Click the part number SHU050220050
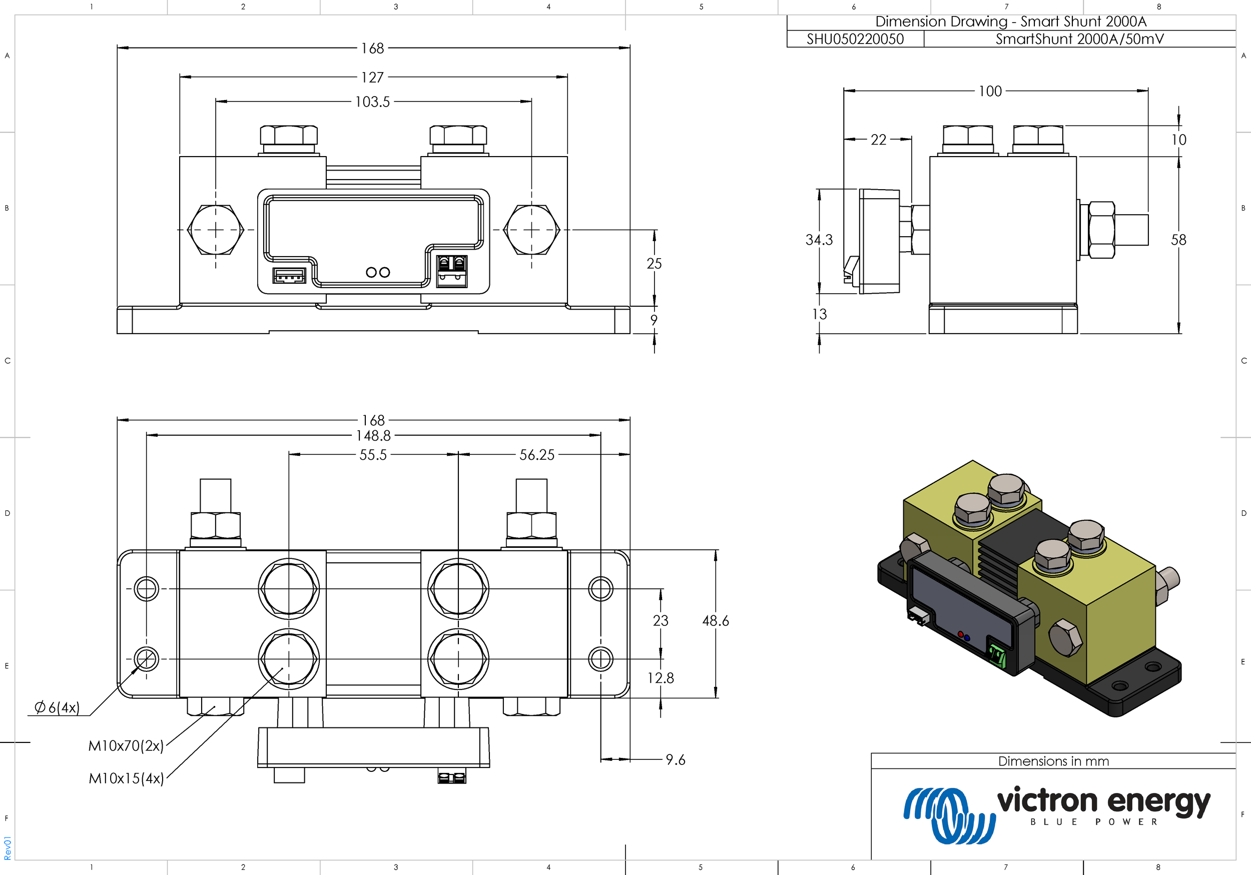855,39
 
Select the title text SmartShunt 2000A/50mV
1079,39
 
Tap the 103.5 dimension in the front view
373,102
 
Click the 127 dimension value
373,78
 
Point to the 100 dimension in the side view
990,91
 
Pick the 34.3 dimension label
819,240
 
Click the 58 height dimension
1178,240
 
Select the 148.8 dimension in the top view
374,436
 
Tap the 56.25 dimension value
537,455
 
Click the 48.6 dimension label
716,620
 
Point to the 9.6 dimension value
676,759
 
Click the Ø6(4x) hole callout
57,708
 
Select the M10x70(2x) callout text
126,746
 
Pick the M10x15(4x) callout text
126,778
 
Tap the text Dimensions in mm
1053,761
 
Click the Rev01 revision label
8,848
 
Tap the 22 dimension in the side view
878,140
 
